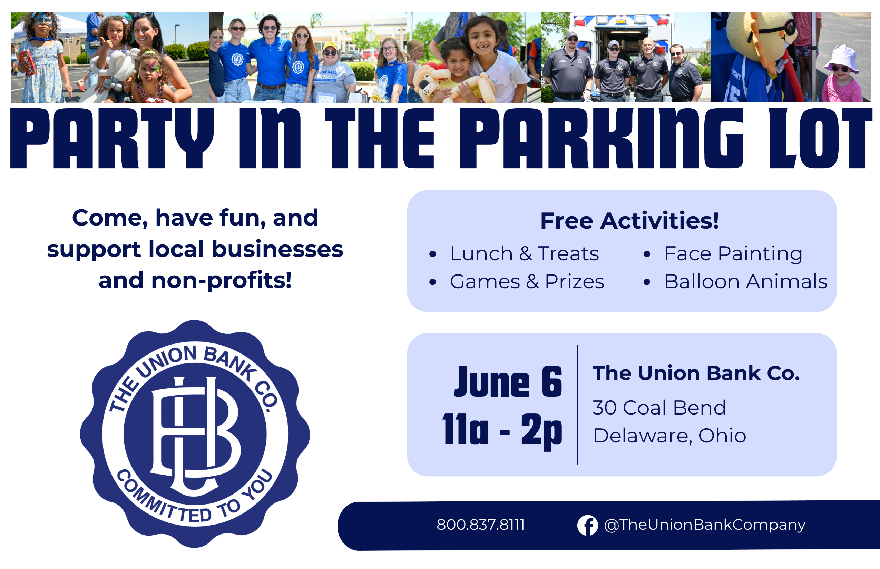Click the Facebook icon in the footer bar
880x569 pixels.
(587, 525)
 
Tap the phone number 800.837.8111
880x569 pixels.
(481, 525)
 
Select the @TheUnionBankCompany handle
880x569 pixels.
(705, 525)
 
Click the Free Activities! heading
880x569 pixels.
(630, 221)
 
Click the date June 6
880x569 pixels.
(508, 382)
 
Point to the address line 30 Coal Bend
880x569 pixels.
(659, 408)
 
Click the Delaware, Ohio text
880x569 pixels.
(669, 436)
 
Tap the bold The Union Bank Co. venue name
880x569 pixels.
(696, 373)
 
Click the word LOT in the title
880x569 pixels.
(821, 139)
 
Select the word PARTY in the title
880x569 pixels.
(112, 139)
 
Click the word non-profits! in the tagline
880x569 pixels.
(222, 281)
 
